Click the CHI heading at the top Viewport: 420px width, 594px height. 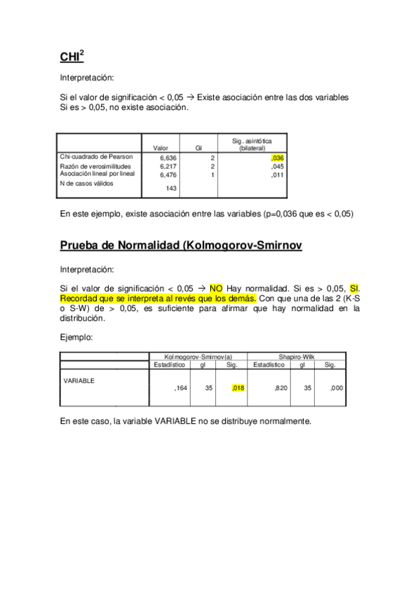click(72, 56)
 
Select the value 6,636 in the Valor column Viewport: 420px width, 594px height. click(168, 158)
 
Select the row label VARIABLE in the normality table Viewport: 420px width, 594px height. click(79, 380)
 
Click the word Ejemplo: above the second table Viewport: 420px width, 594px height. click(76, 338)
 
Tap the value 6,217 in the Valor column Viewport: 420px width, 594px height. click(168, 167)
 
